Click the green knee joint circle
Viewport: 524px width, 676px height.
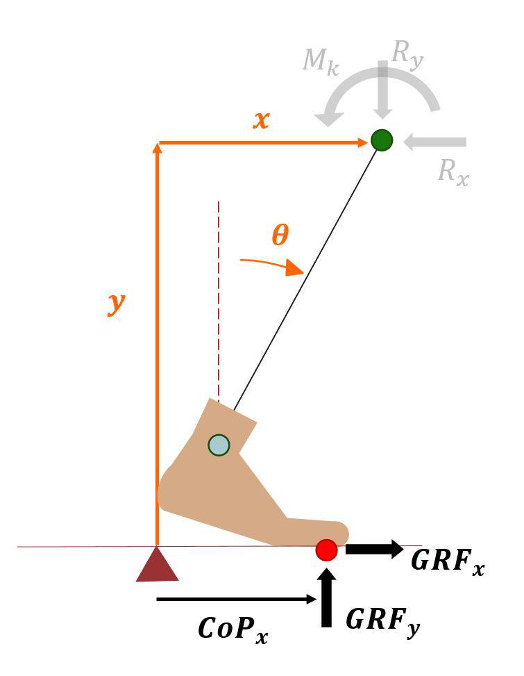coord(381,140)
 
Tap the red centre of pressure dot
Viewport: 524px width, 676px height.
coord(326,550)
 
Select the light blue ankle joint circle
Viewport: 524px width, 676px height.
coord(219,445)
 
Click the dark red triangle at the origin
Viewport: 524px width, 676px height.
coord(158,566)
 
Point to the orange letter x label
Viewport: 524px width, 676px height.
coord(261,120)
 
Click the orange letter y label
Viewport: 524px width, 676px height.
coord(116,304)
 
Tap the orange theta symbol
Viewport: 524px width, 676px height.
coord(279,236)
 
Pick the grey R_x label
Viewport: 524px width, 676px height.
coord(453,171)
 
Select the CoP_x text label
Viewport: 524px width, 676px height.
coord(233,628)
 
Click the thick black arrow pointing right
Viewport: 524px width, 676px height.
coord(374,549)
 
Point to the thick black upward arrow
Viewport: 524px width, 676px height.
coord(326,597)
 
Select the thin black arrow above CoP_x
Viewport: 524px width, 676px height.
coord(237,599)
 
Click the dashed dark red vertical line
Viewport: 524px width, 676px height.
coord(219,299)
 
